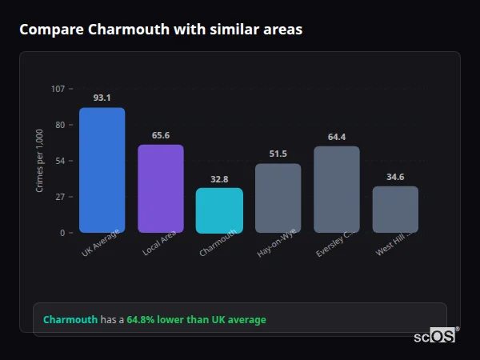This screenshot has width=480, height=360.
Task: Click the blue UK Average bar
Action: tap(102, 170)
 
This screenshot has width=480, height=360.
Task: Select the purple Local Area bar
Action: tap(161, 189)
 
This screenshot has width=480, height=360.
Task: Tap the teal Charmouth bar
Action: tap(219, 210)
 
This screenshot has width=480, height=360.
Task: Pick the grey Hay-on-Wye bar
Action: tap(278, 198)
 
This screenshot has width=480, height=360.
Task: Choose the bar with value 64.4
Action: tap(337, 190)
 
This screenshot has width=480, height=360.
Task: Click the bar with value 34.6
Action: tap(395, 210)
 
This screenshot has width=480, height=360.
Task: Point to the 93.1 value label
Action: tap(102, 98)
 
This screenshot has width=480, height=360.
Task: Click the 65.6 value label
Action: tap(161, 135)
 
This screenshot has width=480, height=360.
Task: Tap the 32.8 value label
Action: tap(219, 179)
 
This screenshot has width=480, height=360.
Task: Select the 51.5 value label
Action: tap(278, 154)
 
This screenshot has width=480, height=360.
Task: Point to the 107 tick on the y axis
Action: tap(58, 88)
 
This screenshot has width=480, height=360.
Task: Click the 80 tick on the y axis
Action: tap(60, 125)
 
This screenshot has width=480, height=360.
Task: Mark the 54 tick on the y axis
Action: tap(60, 161)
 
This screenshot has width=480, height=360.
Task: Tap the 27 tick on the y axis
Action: tap(60, 197)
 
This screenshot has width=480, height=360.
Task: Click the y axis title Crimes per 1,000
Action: tap(40, 160)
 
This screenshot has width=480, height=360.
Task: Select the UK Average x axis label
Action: tap(101, 242)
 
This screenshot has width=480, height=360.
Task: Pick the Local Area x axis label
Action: tap(160, 243)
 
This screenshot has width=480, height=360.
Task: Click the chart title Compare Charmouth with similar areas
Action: tap(161, 30)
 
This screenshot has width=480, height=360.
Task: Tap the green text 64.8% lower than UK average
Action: tap(196, 320)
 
